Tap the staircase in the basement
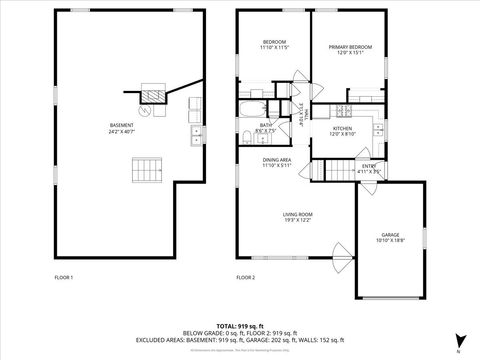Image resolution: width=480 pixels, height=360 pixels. tap(146, 170)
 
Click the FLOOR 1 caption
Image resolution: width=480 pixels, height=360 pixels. tap(63, 276)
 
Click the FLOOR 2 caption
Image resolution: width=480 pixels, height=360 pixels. tap(245, 276)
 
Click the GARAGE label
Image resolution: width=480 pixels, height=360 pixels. tap(389, 238)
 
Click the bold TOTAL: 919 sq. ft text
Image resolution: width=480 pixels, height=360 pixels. tap(240, 326)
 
